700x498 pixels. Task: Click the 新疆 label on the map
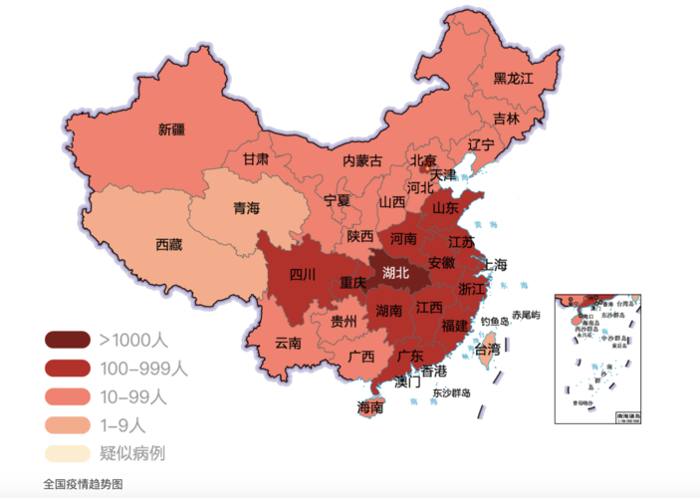point(171,128)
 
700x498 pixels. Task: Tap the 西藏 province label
point(168,244)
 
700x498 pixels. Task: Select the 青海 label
point(246,208)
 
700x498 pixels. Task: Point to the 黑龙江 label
point(514,78)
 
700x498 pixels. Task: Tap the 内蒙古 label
point(362,160)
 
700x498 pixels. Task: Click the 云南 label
point(289,343)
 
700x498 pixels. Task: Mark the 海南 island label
point(371,407)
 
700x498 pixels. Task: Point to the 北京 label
point(423,160)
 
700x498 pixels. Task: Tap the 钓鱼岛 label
point(495,322)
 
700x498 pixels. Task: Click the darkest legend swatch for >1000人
point(67,340)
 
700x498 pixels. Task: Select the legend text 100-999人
point(142,368)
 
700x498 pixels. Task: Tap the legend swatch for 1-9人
point(67,424)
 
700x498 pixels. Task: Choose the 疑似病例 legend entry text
point(132,453)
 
